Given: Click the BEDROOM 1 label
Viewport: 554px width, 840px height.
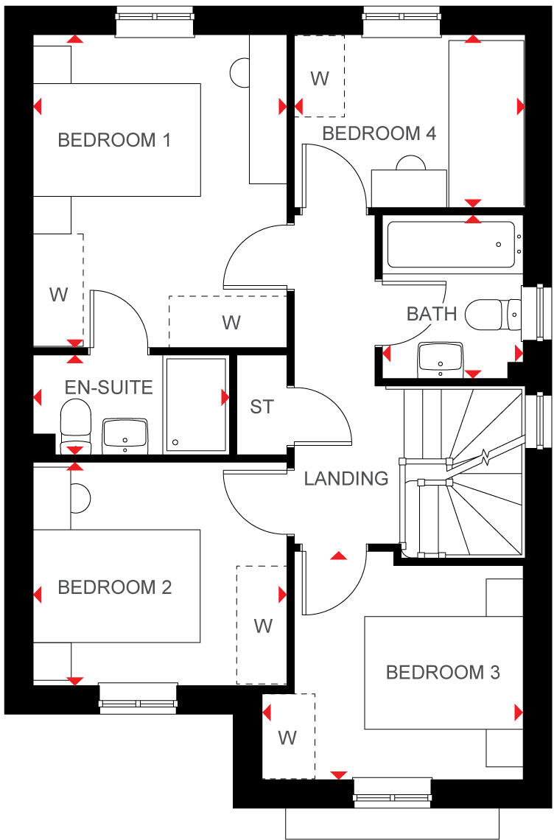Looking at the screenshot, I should tap(114, 140).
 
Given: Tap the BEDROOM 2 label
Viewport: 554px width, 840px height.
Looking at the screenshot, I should tap(114, 587).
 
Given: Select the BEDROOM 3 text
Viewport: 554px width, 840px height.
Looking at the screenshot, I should tap(443, 672).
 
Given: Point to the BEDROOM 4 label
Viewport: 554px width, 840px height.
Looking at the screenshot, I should tap(379, 133).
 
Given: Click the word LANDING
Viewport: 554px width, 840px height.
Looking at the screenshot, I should tap(346, 478).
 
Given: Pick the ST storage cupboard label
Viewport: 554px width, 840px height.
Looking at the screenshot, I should tap(262, 406).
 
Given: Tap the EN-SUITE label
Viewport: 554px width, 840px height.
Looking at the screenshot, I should tap(109, 387).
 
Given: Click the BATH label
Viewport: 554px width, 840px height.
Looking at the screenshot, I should tap(432, 314).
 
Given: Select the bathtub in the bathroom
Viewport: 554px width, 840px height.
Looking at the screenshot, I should tap(451, 245).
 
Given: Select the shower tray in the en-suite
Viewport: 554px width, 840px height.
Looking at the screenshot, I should tap(196, 405).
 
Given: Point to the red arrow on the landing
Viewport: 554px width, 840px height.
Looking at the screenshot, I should tap(338, 555).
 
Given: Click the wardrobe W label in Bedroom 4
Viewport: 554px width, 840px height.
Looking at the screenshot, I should tap(319, 79).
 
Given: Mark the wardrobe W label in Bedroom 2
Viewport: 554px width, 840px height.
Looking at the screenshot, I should tap(262, 626).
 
